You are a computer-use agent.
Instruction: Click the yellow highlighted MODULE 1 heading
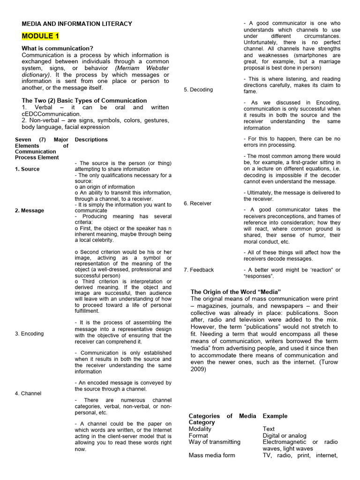[x=40, y=37]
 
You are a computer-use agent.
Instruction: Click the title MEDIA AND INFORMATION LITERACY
[x=77, y=24]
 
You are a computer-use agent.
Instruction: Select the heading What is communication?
[x=57, y=48]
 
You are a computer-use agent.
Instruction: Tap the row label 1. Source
[x=27, y=169]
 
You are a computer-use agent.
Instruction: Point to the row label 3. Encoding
[x=29, y=334]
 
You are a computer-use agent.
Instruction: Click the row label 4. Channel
[x=28, y=393]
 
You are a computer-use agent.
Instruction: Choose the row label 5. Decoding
[x=198, y=90]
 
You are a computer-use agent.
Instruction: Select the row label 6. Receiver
[x=197, y=203]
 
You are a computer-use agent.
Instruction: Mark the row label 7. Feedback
[x=199, y=270]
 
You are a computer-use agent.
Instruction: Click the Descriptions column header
[x=91, y=140]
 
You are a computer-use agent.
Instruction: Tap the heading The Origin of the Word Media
[x=236, y=292]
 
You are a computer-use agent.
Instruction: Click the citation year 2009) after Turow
[x=198, y=369]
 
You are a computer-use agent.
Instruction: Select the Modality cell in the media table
[x=200, y=428]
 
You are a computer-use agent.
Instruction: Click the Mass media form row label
[x=212, y=455]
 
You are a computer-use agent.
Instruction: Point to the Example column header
[x=275, y=416]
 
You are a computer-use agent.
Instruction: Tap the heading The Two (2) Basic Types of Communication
[x=84, y=101]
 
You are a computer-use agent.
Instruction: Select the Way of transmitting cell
[x=214, y=442]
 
